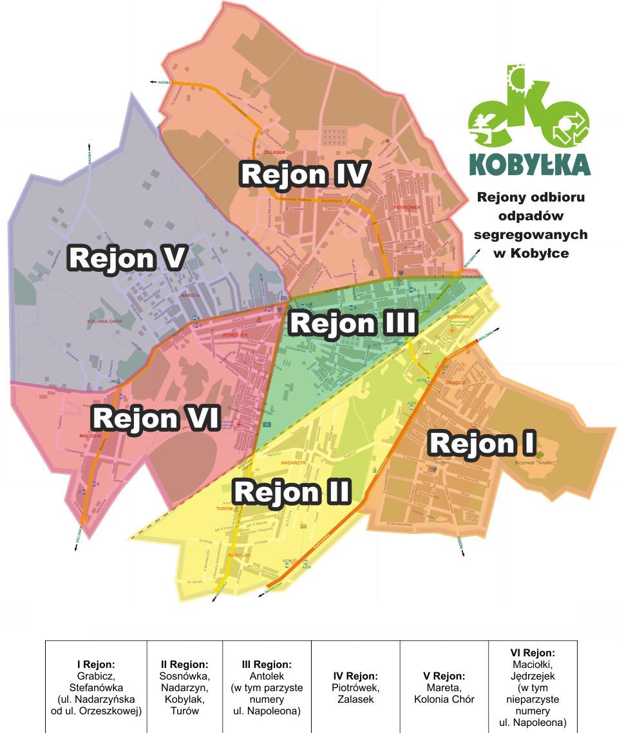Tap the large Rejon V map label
point(128,258)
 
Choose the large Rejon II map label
point(292,492)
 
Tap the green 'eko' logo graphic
point(529,109)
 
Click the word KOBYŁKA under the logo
point(530,165)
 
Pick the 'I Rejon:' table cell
point(96,687)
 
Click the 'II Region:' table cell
point(185,687)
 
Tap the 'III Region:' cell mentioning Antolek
point(267,687)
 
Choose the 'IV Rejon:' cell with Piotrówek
point(355,687)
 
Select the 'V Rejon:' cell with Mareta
point(444,687)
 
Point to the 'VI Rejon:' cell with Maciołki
point(533,687)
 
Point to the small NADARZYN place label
point(293,462)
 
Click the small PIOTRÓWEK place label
point(407,207)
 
